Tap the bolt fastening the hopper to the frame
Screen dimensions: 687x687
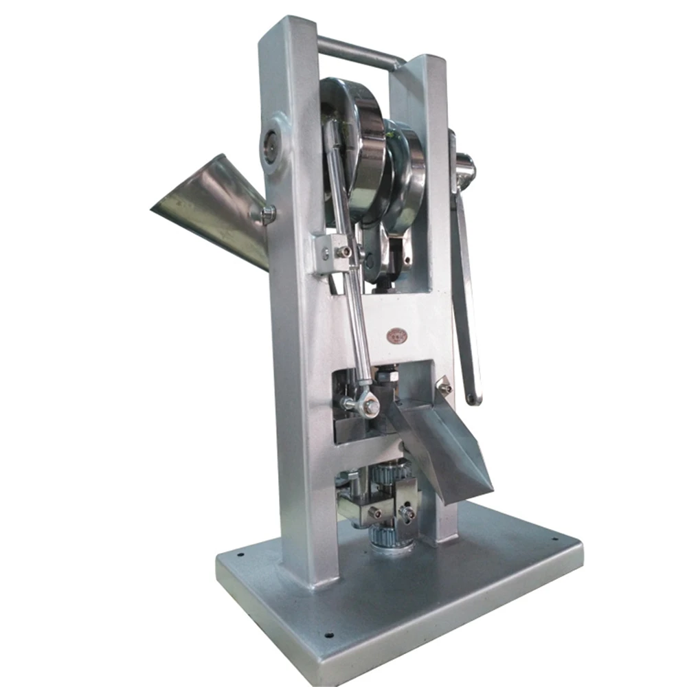click(x=267, y=214)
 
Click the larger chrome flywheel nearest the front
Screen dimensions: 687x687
click(x=357, y=151)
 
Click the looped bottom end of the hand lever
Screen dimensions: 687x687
click(x=473, y=397)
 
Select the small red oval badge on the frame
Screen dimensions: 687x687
click(x=396, y=335)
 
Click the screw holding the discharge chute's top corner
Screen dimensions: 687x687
click(x=445, y=388)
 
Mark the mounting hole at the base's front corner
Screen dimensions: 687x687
click(x=328, y=635)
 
